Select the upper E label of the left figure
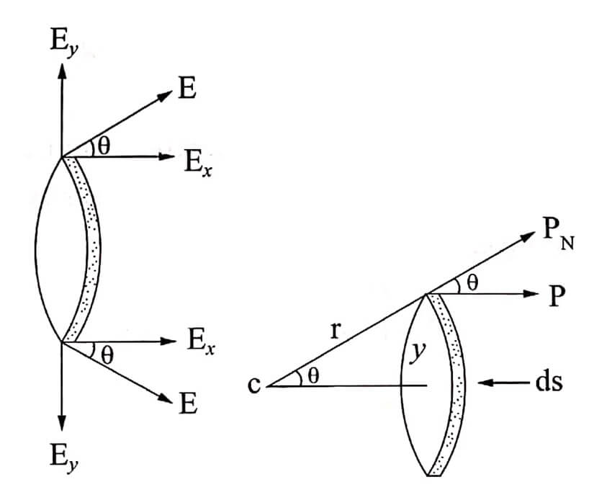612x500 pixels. (187, 89)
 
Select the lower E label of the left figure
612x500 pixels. (188, 403)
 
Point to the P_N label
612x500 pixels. (558, 237)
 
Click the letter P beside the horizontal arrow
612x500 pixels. (557, 297)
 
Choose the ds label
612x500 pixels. (549, 382)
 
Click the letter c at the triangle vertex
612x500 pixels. (253, 385)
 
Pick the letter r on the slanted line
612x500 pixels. (335, 331)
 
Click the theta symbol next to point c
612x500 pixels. (313, 376)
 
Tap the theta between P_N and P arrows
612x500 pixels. (472, 282)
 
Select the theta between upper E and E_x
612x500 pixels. (104, 147)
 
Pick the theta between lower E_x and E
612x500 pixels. (107, 355)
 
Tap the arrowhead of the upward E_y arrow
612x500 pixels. (62, 71)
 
